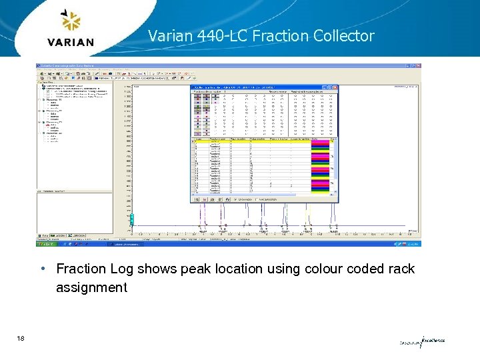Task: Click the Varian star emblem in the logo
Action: coord(71,22)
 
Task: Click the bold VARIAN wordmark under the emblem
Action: coord(71,42)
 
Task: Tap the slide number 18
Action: coord(22,339)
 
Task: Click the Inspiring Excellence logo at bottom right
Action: coord(421,341)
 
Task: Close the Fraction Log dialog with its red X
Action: coord(335,87)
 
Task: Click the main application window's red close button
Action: coord(418,66)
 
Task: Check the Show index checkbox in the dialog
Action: coord(235,199)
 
